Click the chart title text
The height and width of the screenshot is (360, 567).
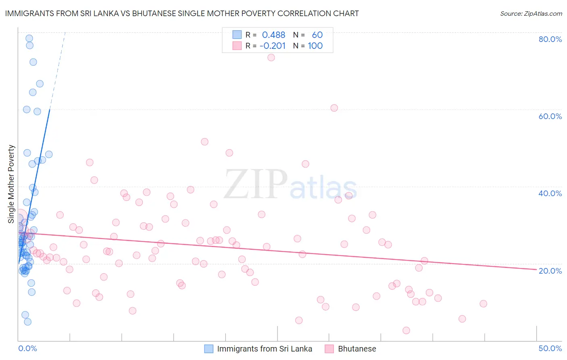tap(182, 13)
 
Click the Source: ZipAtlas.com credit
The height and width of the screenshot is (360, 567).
tap(531, 13)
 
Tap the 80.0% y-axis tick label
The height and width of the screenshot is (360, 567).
tap(550, 39)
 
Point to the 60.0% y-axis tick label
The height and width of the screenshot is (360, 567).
tap(550, 116)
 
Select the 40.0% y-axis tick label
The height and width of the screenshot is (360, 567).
tap(550, 193)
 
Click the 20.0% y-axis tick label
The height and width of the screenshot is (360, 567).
tap(550, 270)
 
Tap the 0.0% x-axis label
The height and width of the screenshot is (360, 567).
tap(27, 348)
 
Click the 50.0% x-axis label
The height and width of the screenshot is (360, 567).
tap(550, 348)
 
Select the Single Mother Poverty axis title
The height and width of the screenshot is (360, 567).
tap(11, 184)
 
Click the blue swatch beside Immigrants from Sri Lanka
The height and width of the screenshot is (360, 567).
tap(208, 349)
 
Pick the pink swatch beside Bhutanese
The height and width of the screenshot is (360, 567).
tap(329, 349)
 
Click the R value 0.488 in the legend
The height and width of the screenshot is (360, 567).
tap(273, 35)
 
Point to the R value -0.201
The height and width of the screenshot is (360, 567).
tap(273, 46)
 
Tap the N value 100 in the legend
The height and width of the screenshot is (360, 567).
tap(315, 46)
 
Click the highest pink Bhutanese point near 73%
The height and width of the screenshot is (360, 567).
tap(271, 58)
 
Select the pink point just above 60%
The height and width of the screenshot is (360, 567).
tap(334, 108)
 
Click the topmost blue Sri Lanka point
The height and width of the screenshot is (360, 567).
tap(29, 38)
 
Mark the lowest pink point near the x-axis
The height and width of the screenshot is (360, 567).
tap(406, 331)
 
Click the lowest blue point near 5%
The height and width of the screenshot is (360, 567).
tap(27, 322)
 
